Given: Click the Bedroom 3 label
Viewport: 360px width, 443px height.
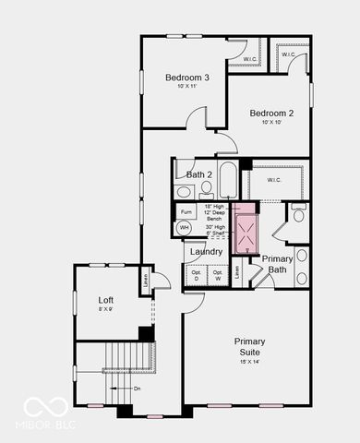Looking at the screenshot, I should point(187,78).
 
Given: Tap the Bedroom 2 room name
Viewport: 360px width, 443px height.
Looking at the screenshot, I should point(271,113).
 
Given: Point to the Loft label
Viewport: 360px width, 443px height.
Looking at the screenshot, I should point(106,300).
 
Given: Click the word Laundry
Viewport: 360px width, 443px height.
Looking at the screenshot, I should point(205,252).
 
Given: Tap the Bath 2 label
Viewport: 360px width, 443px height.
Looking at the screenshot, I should point(199,174).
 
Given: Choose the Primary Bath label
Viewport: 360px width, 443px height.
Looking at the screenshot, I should point(277,264).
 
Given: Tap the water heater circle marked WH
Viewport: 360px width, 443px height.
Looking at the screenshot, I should point(185,228).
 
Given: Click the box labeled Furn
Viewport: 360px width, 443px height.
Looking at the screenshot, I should point(185,211).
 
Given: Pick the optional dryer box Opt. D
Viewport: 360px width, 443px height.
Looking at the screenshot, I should point(197,274).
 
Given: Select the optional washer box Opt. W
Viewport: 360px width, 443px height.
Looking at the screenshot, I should point(218,274).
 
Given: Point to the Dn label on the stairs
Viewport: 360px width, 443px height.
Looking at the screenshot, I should point(137,389).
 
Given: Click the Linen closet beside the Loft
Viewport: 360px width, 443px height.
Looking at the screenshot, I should point(144,277).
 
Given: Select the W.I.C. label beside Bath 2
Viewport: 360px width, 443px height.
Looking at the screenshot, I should point(274,180).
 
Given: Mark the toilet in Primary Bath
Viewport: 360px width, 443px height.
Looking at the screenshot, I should point(298,215).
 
